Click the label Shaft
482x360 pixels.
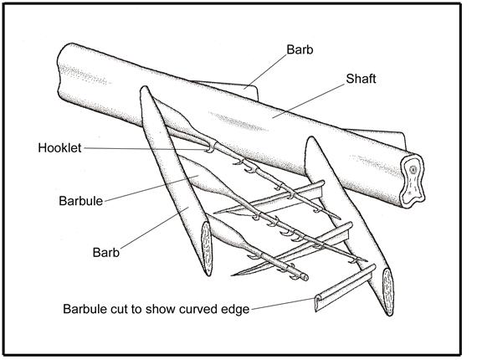pyautogui.click(x=361, y=79)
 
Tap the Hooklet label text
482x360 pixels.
pyautogui.click(x=59, y=148)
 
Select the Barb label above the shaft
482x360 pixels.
pyautogui.click(x=300, y=49)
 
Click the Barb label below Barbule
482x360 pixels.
pyautogui.click(x=106, y=253)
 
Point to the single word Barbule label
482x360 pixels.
pyautogui.click(x=81, y=201)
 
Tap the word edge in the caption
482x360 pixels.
pyautogui.click(x=235, y=310)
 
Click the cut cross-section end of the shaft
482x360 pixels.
pyautogui.click(x=413, y=180)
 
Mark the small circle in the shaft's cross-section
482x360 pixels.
pyautogui.click(x=413, y=169)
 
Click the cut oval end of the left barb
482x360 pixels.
pyautogui.click(x=206, y=249)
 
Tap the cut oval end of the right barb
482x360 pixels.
pyautogui.click(x=388, y=291)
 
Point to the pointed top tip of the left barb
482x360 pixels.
pyautogui.click(x=144, y=87)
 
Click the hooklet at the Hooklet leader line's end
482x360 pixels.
pyautogui.click(x=211, y=148)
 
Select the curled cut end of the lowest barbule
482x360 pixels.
pyautogui.click(x=318, y=303)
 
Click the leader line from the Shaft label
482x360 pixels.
pyautogui.click(x=308, y=100)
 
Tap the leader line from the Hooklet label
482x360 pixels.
pyautogui.click(x=146, y=149)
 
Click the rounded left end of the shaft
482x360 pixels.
pyautogui.click(x=62, y=70)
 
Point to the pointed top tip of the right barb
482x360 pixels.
pyautogui.click(x=311, y=138)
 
